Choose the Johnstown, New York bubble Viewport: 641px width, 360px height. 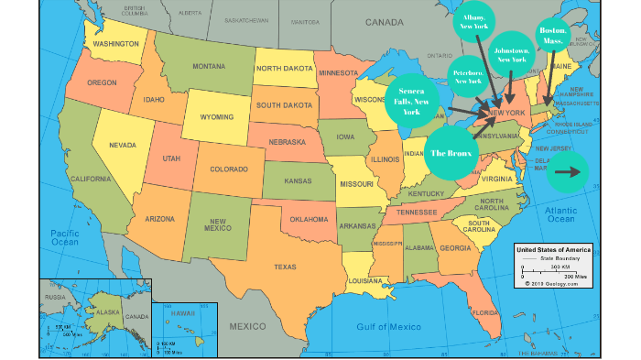[x=511, y=54]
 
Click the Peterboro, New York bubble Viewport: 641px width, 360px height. [x=468, y=78]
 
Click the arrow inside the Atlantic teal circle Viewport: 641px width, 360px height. [x=568, y=170]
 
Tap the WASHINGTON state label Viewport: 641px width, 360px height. [x=115, y=43]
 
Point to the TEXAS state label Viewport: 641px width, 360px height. [x=285, y=267]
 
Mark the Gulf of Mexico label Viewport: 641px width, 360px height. [x=391, y=326]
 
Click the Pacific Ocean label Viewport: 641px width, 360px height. [x=67, y=239]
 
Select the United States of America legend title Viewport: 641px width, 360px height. [x=553, y=249]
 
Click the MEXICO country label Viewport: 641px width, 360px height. [x=247, y=326]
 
